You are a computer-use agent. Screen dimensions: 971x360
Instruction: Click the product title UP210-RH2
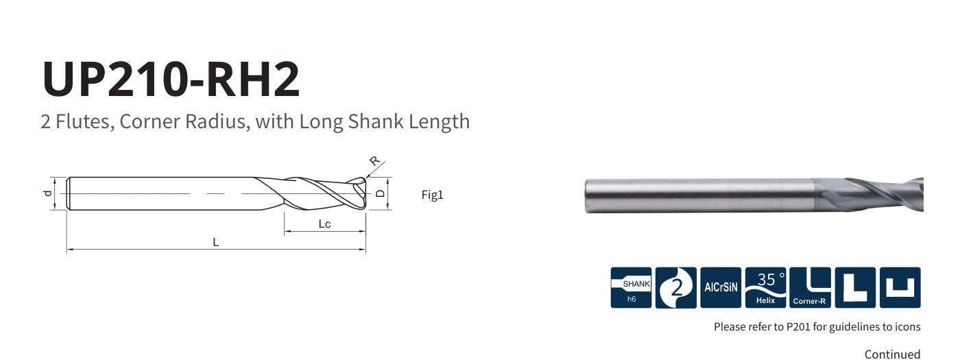[171, 79]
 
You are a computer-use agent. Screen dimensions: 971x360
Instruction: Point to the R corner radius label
[374, 160]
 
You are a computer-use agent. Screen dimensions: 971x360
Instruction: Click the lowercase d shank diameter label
[48, 193]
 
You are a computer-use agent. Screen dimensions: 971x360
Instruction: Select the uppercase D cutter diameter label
[380, 193]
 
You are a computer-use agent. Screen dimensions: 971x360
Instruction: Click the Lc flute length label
[324, 224]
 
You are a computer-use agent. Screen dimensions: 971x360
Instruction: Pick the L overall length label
[216, 242]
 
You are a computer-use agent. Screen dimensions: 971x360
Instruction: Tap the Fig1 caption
[432, 195]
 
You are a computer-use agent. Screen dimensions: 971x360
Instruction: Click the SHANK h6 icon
[631, 287]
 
